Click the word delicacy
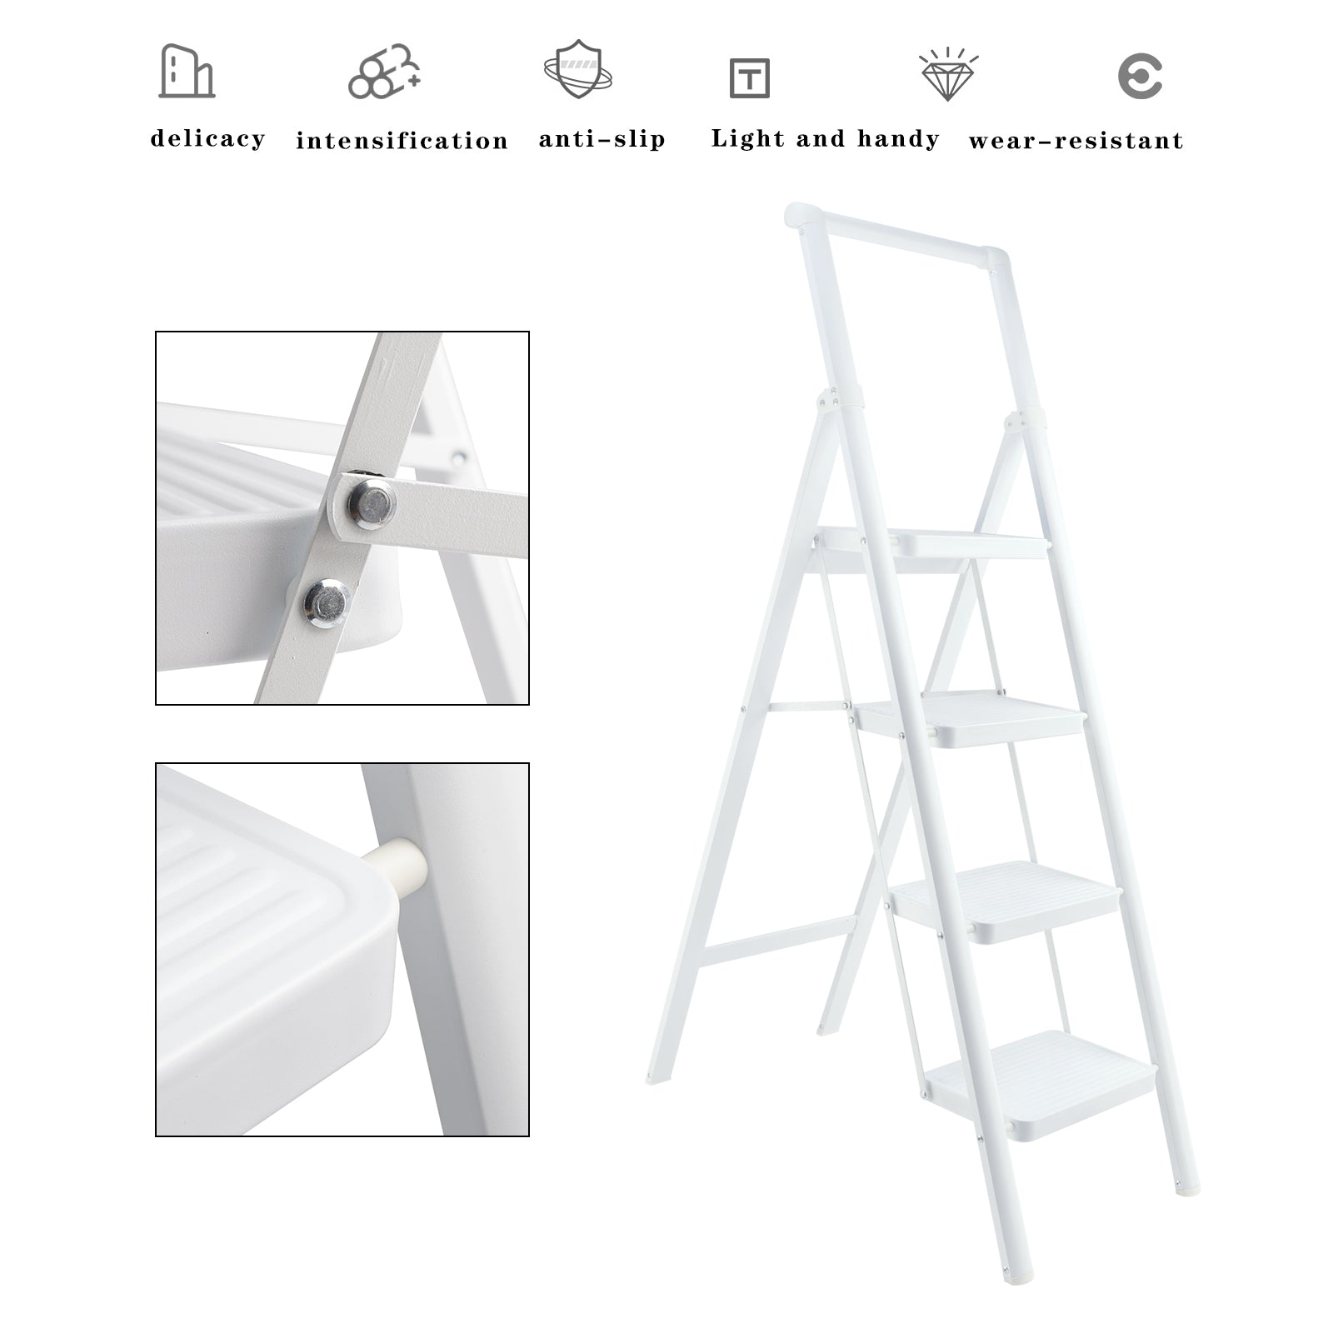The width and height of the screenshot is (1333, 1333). (207, 138)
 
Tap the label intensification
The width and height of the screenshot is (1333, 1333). (402, 140)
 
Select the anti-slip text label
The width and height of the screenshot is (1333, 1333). (602, 138)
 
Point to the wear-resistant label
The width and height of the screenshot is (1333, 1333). (1076, 140)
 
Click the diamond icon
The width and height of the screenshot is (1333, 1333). (948, 75)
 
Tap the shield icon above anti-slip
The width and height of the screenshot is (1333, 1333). (578, 69)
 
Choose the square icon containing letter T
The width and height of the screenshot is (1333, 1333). (749, 78)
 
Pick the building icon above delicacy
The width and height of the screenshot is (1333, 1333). (187, 72)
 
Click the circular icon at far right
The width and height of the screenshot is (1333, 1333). (1140, 77)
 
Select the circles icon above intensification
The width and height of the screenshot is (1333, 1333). (384, 72)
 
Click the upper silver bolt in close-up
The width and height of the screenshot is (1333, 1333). (371, 503)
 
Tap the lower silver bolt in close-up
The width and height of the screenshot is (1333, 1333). (326, 602)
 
